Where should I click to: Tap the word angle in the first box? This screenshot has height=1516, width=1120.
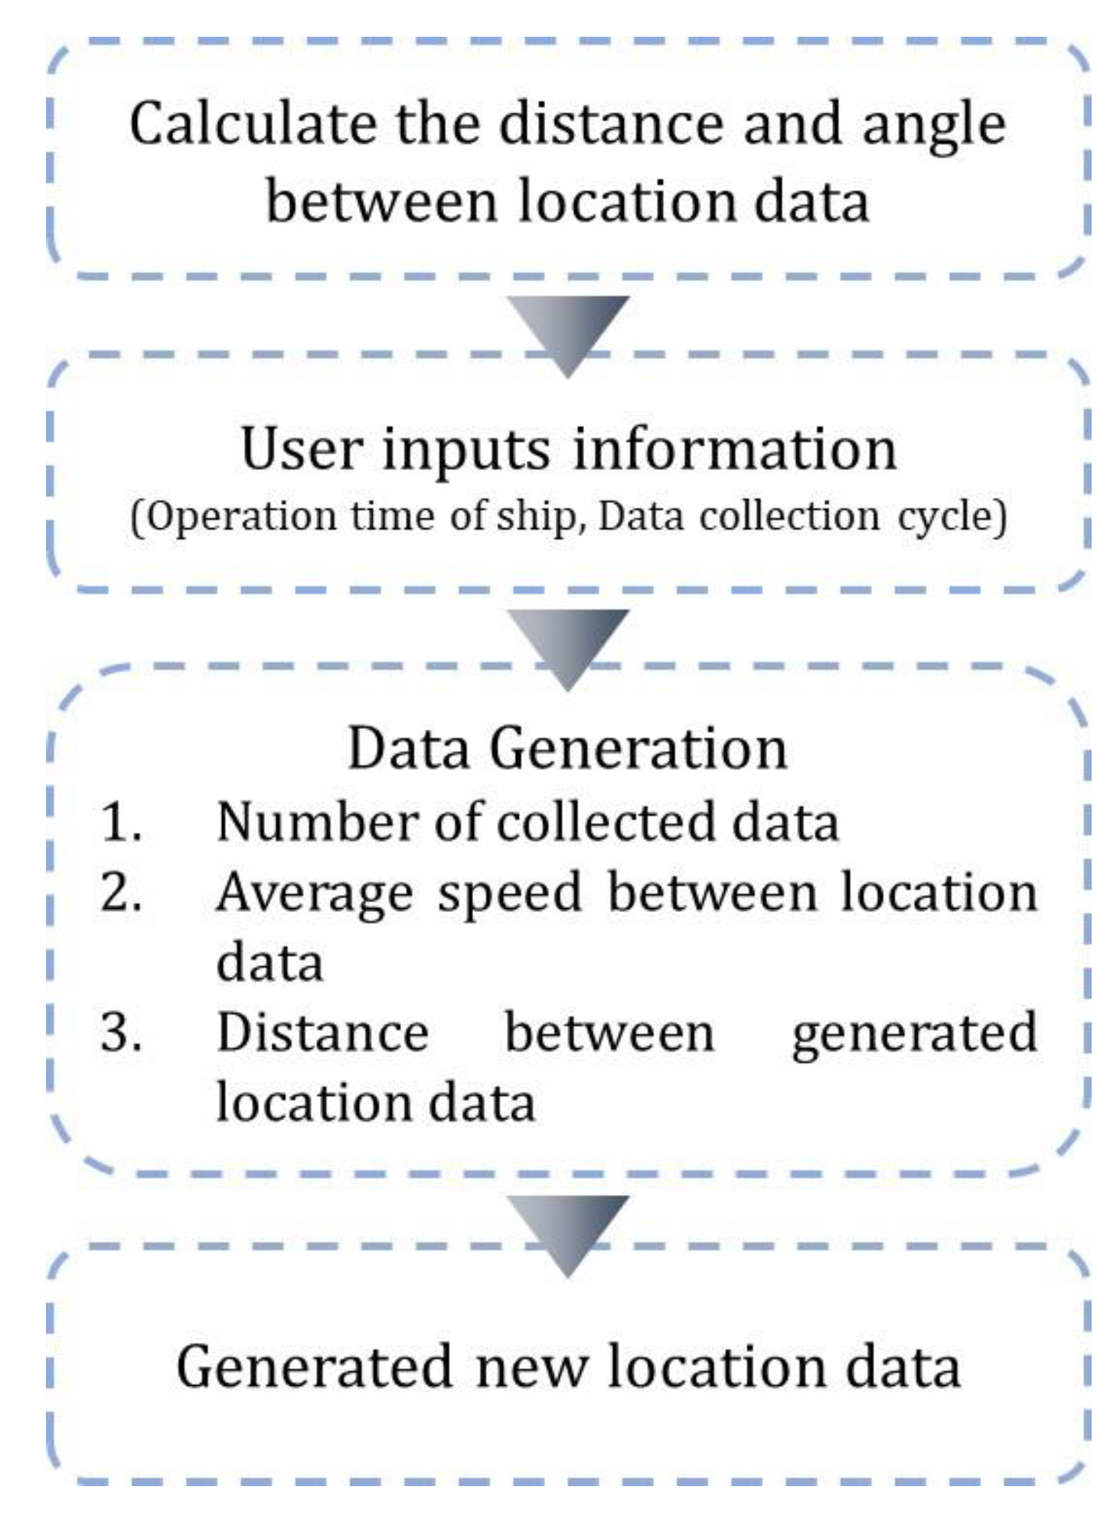pos(934,127)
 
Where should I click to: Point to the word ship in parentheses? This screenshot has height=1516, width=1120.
pos(535,518)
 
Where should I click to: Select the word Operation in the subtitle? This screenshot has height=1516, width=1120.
pos(241,518)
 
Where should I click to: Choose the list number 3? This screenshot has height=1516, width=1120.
pos(121,1033)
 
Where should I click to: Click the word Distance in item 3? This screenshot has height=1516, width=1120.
pos(322,1033)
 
